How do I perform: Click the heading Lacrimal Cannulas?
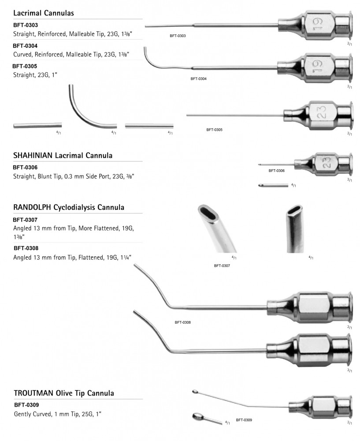(43, 13)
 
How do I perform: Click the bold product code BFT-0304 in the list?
(25, 45)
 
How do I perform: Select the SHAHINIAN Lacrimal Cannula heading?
(63, 155)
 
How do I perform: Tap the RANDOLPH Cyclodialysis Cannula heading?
(68, 207)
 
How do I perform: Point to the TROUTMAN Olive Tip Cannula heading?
(64, 392)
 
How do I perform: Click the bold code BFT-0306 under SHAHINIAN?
(25, 167)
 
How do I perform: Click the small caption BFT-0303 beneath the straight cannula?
(177, 35)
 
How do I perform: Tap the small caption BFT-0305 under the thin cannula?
(214, 130)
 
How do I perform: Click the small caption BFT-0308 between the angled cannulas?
(182, 322)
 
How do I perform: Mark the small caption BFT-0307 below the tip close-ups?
(222, 266)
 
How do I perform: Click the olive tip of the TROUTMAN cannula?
(195, 391)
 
